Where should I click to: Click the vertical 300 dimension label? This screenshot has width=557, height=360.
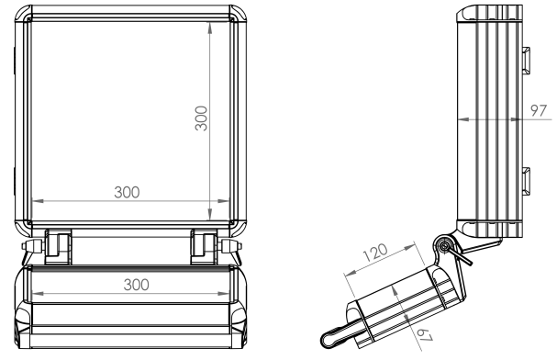click(201, 118)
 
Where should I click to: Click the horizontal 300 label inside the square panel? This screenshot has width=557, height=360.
click(127, 192)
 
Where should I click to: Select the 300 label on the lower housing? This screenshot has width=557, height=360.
click(137, 285)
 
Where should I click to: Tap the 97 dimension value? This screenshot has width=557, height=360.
click(538, 110)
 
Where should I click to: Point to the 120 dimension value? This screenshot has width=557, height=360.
click(375, 253)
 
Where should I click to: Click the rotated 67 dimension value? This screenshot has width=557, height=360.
click(425, 335)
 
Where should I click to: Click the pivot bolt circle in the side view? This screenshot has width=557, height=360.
click(442, 245)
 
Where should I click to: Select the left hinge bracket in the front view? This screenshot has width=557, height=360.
click(58, 247)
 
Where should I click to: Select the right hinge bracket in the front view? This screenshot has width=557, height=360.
click(204, 247)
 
